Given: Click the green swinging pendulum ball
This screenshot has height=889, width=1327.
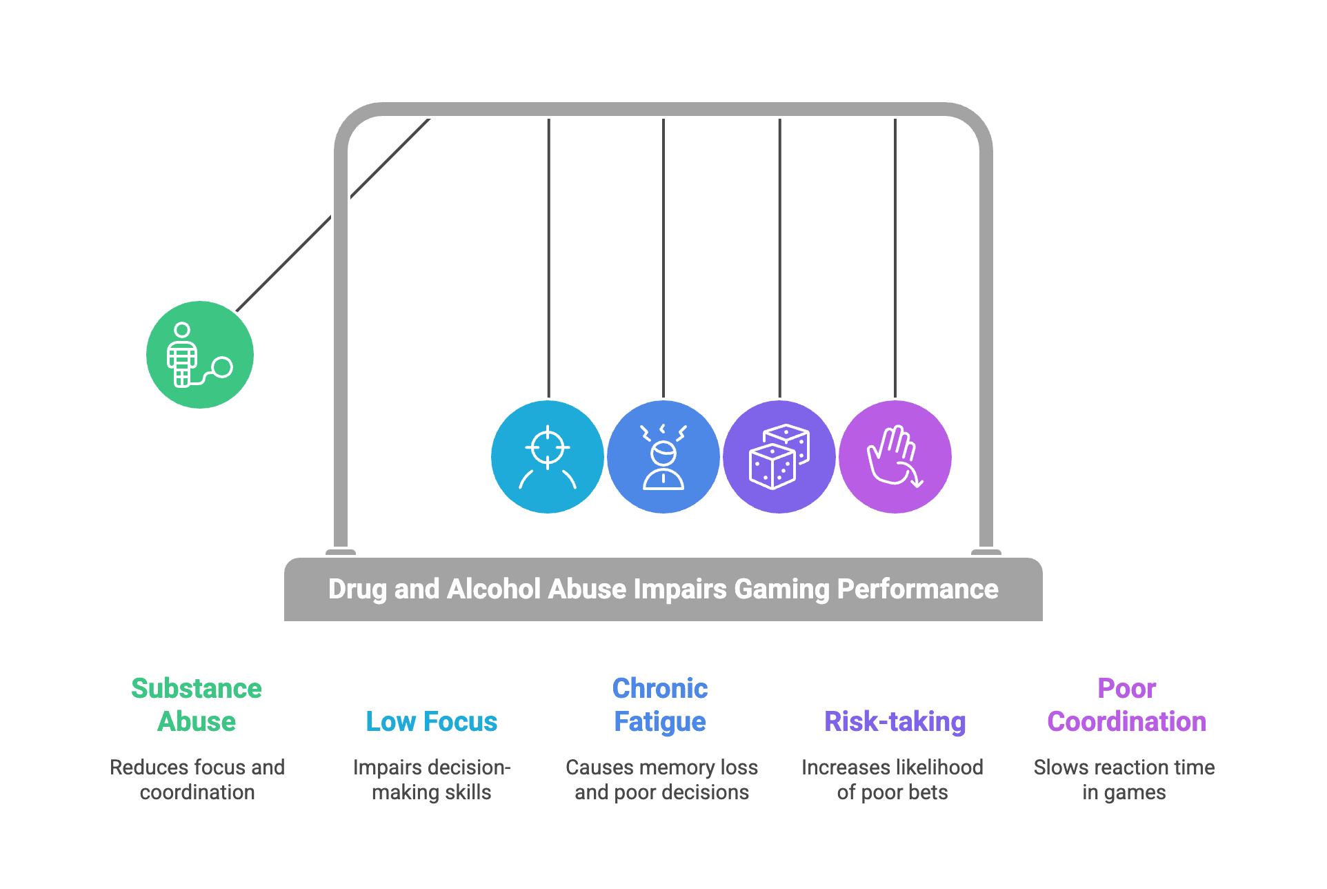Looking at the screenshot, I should pos(200,355).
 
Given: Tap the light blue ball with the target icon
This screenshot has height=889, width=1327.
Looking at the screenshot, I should pos(548,457).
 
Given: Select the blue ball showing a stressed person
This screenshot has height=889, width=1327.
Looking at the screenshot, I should pos(663,457).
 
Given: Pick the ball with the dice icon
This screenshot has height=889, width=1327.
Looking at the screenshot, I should pos(779,457).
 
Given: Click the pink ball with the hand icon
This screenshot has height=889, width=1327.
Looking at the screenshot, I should pos(895,457).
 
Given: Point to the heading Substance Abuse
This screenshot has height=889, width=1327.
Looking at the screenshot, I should pos(197,705).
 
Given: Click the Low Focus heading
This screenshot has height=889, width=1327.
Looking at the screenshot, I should pos(431,721).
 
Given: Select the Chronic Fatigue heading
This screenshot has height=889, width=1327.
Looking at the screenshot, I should pos(660,705).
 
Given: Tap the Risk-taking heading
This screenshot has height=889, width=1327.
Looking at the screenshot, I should pos(895,721).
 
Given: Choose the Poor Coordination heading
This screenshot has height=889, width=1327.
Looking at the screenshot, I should pos(1126,705).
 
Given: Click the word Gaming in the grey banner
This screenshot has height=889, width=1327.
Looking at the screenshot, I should pos(781,589).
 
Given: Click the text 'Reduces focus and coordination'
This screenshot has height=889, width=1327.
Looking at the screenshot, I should pos(197,779).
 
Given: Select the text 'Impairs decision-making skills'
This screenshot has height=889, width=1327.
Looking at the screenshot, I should pos(432,779).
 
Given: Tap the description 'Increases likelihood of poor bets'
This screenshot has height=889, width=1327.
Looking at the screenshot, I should pos(892,779).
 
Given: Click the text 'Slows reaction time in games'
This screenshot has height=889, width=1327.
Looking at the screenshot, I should pos(1124,779).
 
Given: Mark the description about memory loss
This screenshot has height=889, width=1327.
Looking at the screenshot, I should pos(662,779).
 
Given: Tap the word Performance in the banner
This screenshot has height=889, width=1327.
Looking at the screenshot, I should pos(917,589).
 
